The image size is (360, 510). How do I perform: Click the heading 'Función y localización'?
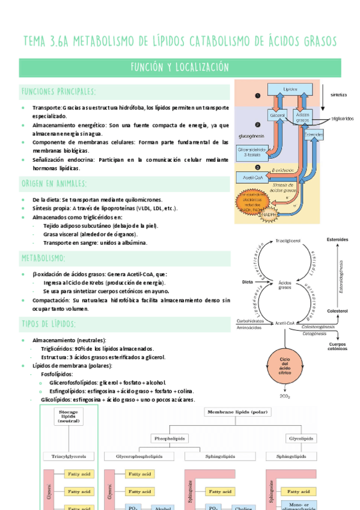coord(180,67)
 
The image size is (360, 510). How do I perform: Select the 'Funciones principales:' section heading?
coord(58,91)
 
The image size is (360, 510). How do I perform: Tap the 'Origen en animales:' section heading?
coord(54,183)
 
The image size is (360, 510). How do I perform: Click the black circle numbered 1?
coord(258,96)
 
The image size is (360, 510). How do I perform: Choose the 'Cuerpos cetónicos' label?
coord(337,347)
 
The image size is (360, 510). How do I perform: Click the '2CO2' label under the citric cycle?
coord(285,397)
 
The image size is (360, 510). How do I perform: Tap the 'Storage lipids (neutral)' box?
coord(69,417)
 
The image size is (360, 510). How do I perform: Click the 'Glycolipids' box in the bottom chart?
coord(300,438)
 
